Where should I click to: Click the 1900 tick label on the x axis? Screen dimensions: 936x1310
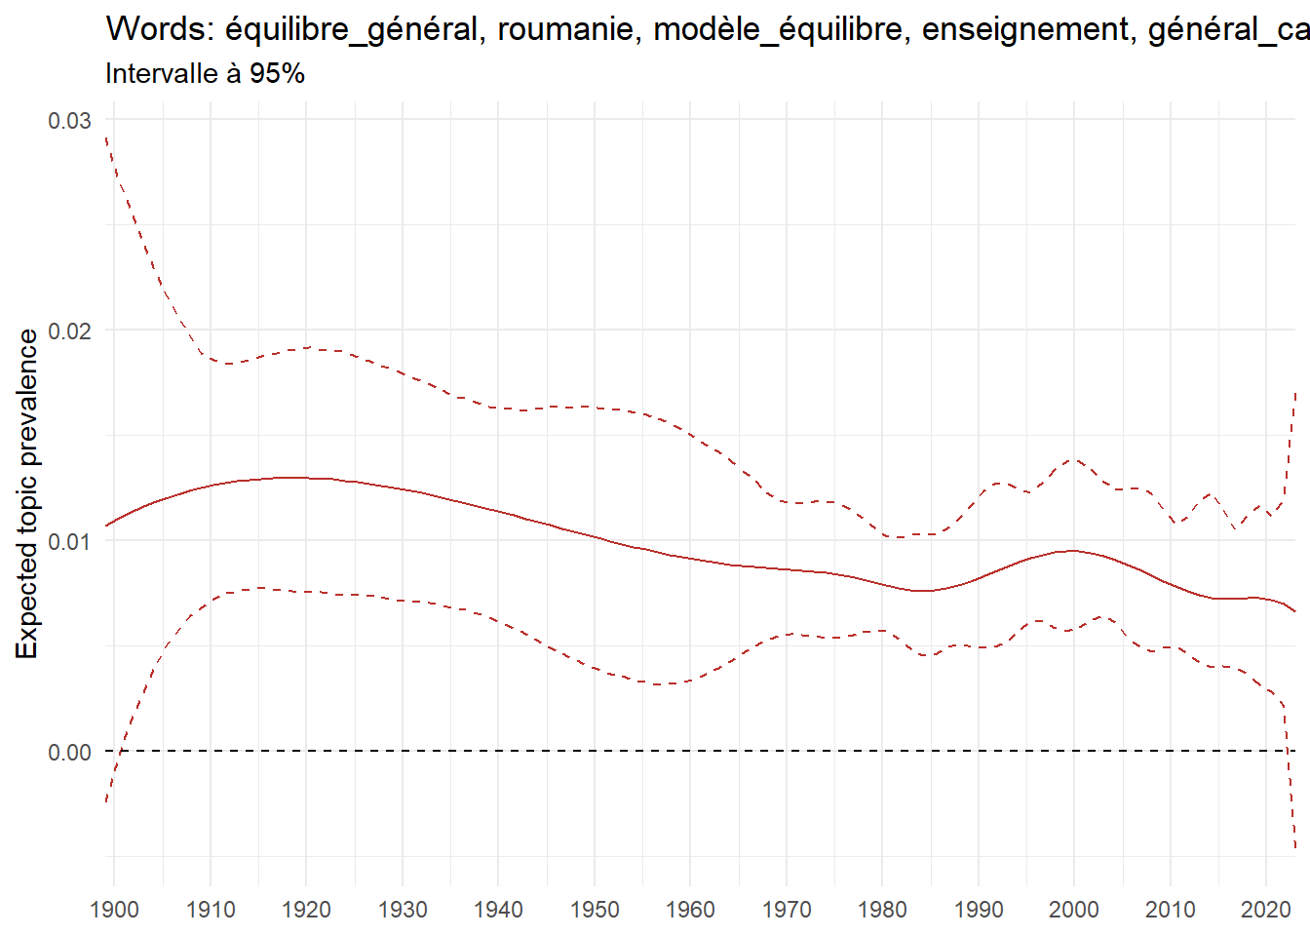[x=114, y=910]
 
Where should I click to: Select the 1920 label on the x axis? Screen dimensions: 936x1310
[x=306, y=910]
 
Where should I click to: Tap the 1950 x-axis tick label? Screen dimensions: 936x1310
[x=595, y=910]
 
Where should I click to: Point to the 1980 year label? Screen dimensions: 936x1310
[x=882, y=910]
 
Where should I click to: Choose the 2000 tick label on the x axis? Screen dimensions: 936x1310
[x=1074, y=910]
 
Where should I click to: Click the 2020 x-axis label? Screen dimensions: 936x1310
[x=1266, y=910]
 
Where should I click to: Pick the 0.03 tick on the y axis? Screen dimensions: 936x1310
[x=69, y=120]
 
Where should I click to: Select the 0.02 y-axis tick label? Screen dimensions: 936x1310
[x=69, y=331]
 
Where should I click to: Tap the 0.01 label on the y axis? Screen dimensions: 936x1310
[x=69, y=541]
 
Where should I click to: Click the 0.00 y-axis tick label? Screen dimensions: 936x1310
[x=69, y=752]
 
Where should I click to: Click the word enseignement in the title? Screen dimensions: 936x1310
[x=1026, y=30]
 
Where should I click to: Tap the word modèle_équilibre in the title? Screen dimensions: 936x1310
[x=778, y=30]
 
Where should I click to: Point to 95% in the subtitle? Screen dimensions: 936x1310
[x=277, y=74]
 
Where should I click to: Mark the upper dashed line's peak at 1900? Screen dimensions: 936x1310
[x=106, y=138]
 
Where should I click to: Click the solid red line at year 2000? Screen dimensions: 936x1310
[x=1074, y=551]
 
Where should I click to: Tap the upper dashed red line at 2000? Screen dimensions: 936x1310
[x=1074, y=458]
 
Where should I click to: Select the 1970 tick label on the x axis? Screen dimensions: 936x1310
[x=787, y=910]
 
